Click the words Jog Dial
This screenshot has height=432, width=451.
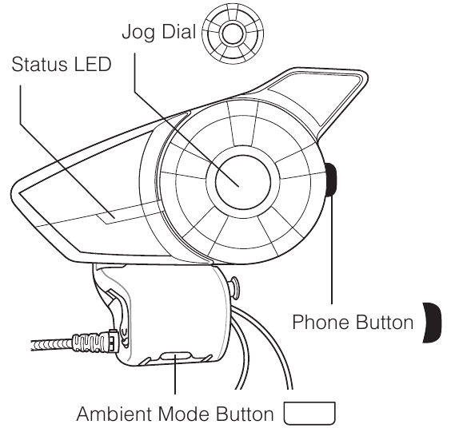click(159, 32)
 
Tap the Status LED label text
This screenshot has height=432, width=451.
click(62, 64)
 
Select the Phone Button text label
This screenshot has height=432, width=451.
click(353, 322)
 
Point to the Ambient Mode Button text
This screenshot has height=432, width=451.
click(175, 414)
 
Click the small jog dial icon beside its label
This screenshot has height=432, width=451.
click(233, 34)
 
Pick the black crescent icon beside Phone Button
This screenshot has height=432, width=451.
click(433, 323)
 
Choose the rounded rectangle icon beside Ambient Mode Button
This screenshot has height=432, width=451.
click(309, 414)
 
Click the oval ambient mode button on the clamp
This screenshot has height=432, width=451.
click(175, 357)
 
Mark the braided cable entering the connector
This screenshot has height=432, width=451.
click(52, 345)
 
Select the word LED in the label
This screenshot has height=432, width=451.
click(93, 64)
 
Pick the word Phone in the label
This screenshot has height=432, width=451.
click(321, 322)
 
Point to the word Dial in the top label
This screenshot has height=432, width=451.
click(178, 31)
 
